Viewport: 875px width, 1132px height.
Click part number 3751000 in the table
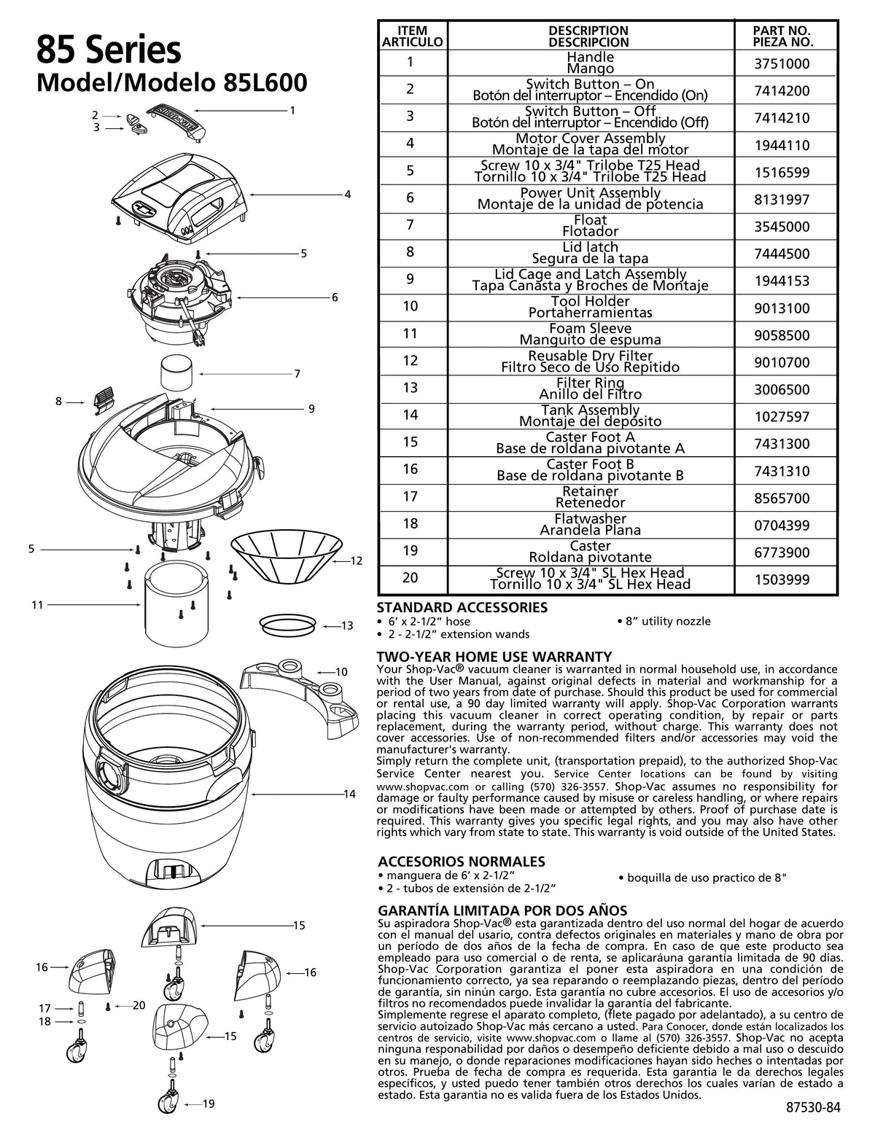point(782,64)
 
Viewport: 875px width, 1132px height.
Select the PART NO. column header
point(782,36)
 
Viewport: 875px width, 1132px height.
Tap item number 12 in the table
point(411,360)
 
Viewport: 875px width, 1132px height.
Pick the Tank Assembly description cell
point(590,415)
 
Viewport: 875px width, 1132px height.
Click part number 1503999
point(782,579)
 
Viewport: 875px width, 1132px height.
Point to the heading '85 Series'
point(109,50)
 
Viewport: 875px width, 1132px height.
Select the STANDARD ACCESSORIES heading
point(462,607)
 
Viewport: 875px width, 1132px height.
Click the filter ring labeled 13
point(289,625)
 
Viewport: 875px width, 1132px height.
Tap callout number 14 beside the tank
point(349,794)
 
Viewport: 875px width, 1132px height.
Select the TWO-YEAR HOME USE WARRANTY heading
point(495,656)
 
